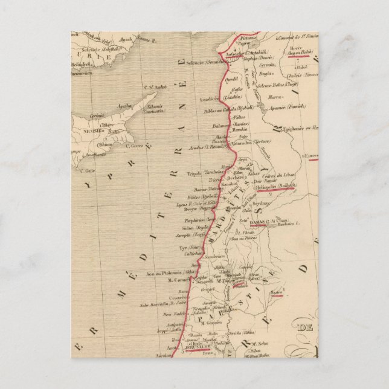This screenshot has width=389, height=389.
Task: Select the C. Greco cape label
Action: pos(137,144)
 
